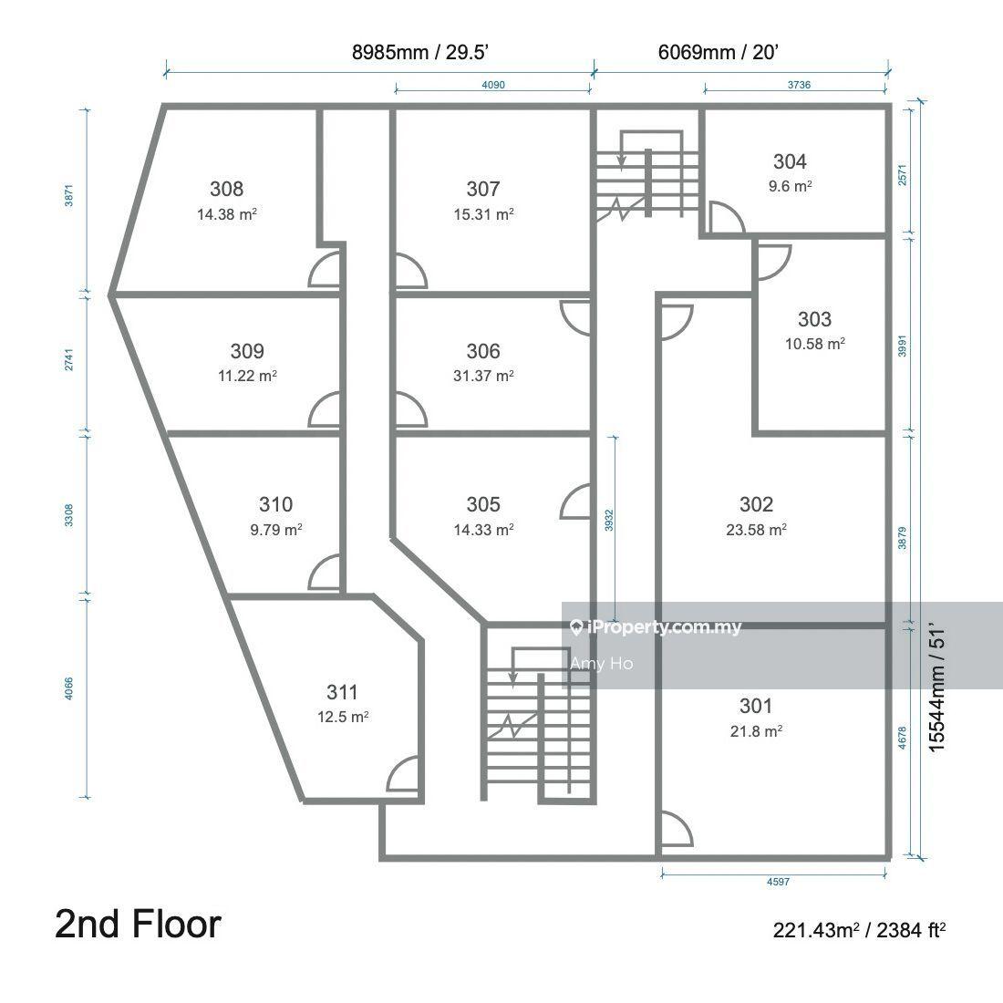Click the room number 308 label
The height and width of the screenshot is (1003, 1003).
coord(226,189)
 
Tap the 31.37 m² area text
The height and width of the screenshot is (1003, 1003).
coord(483,376)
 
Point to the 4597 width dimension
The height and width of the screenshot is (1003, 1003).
coord(778,882)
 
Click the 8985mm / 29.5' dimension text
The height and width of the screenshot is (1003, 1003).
coord(420,52)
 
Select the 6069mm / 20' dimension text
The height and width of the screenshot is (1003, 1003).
coord(718,52)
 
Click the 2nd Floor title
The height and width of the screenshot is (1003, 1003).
coord(139,925)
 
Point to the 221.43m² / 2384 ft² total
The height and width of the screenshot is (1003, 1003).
coord(859,929)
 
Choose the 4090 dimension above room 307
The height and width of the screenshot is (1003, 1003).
coord(493,85)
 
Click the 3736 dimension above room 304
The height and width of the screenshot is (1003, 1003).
coord(799,85)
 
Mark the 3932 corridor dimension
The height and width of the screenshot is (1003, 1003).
coord(609,520)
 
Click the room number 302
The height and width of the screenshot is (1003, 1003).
coord(756,504)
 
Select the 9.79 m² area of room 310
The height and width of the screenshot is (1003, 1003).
coord(276,530)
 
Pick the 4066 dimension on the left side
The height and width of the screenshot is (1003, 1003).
coord(69,688)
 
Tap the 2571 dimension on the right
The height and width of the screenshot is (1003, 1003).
coord(902,175)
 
